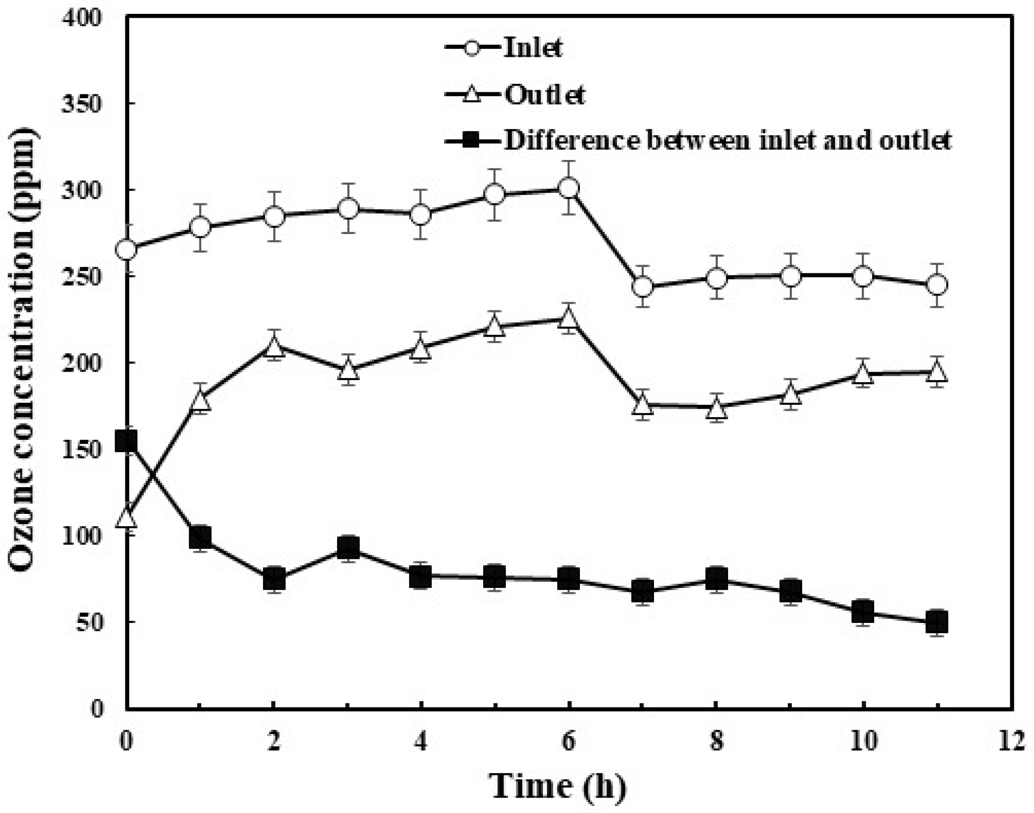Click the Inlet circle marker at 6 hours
pos(569,188)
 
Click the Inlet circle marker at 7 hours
pos(642,287)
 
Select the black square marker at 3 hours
pos(348,547)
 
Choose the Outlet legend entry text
pos(544,95)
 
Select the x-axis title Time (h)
pos(557,785)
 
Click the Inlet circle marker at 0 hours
pos(126,250)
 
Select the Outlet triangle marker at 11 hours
pos(937,373)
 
